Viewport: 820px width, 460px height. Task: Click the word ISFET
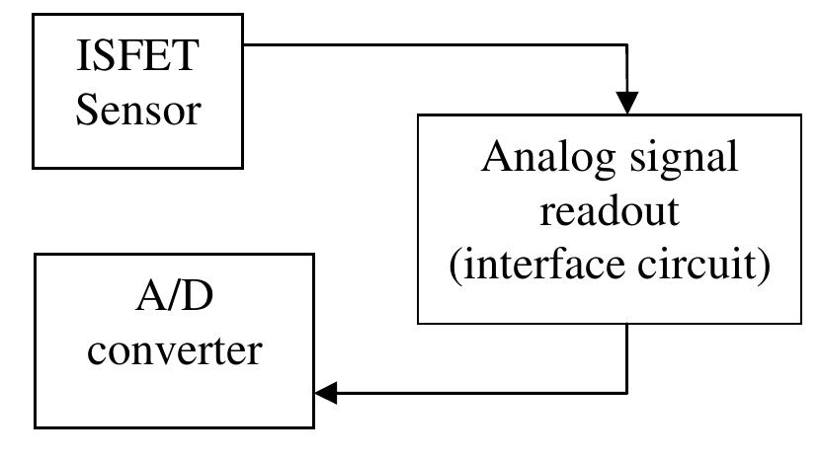click(x=138, y=56)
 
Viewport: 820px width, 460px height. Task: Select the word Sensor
click(x=138, y=110)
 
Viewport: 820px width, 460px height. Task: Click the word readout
click(x=610, y=213)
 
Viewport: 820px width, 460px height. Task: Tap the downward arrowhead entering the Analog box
click(x=626, y=102)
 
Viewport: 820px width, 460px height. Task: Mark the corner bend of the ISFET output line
click(x=626, y=44)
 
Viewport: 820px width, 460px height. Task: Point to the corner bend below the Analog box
click(x=626, y=393)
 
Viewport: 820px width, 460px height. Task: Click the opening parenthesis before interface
click(x=455, y=268)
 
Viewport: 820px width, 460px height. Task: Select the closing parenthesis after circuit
click(x=763, y=268)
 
